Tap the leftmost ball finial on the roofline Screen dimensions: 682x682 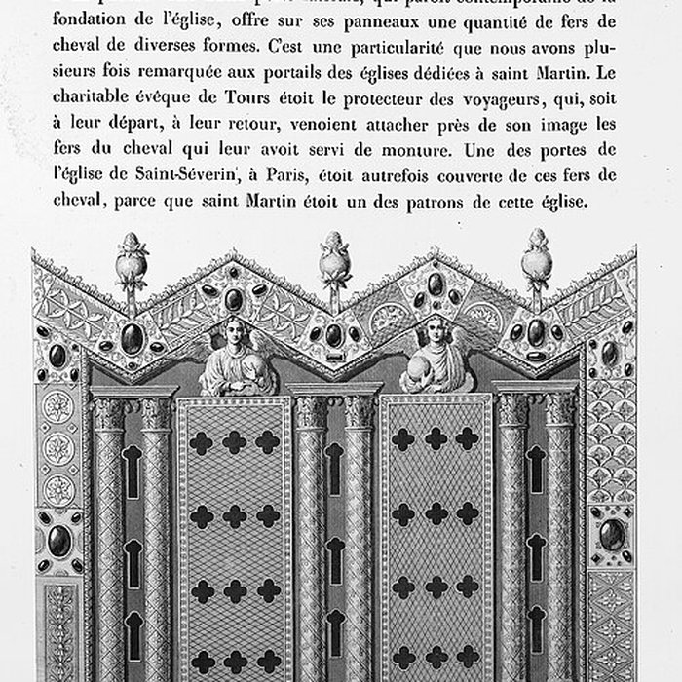(133, 264)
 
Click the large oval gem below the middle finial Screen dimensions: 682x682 (334, 333)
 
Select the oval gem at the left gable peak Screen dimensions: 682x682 (234, 299)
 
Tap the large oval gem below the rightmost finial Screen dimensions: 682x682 (535, 332)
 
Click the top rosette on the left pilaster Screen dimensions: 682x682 (58, 400)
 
